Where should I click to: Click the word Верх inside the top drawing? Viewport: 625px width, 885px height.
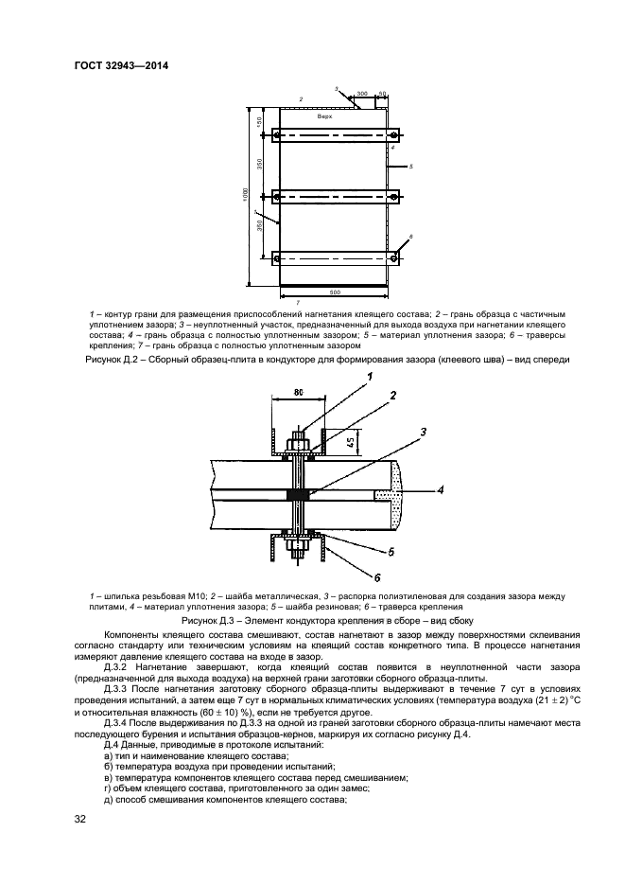(324, 115)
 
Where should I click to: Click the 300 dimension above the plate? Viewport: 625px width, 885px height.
(362, 95)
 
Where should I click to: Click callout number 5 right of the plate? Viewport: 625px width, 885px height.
(412, 167)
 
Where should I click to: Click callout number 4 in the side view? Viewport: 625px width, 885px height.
(441, 491)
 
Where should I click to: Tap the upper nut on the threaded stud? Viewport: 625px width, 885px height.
(298, 441)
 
